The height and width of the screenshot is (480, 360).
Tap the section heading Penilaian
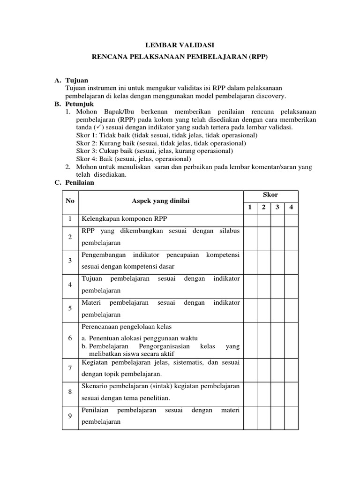pyautogui.click(x=81, y=183)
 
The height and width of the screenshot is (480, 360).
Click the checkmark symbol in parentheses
pyautogui.click(x=98, y=127)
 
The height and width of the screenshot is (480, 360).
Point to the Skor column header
pyautogui.click(x=270, y=195)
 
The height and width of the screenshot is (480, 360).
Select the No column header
pyautogui.click(x=70, y=201)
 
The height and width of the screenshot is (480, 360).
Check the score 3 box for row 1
pyautogui.click(x=277, y=219)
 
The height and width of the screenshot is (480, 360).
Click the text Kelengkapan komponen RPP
pyautogui.click(x=124, y=219)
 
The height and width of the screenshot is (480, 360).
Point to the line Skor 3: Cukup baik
pyautogui.click(x=154, y=151)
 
